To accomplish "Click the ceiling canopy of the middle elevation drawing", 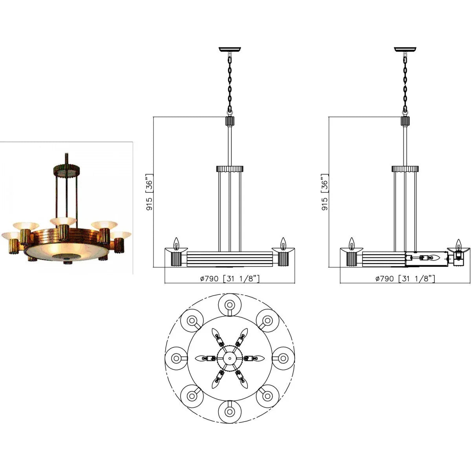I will click(230, 49).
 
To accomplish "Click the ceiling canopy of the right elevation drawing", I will click(405, 49).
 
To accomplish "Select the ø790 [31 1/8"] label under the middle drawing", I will click(230, 279).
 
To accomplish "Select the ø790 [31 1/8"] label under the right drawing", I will click(405, 279).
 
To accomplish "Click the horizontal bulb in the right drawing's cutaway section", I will click(433, 258).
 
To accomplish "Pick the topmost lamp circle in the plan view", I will click(229, 304).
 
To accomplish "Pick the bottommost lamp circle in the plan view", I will click(229, 412).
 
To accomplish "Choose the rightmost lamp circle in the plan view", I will click(283, 358).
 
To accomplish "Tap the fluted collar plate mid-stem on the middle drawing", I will click(230, 169).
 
